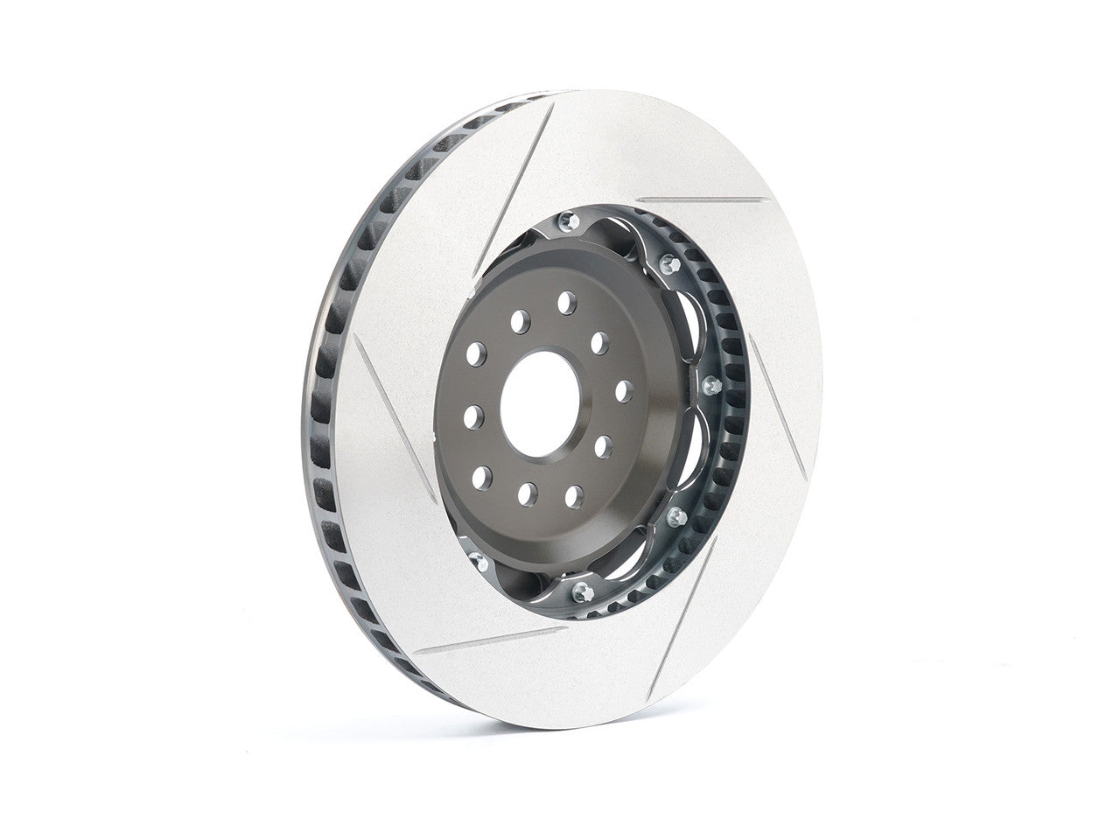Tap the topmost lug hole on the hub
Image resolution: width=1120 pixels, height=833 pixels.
point(567,303)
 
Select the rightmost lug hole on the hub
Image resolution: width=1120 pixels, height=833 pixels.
point(624,390)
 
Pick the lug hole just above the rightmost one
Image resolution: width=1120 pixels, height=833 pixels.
point(599,342)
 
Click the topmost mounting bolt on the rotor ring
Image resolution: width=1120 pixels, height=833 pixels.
point(567,220)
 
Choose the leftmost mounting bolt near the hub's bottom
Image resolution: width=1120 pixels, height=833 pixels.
point(476,558)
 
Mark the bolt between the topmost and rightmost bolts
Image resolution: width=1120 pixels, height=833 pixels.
point(669,263)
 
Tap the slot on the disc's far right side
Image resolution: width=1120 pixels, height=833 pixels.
point(779,410)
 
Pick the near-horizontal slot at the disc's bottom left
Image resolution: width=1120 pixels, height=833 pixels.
point(490,640)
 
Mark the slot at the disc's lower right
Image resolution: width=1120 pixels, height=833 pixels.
point(682,617)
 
